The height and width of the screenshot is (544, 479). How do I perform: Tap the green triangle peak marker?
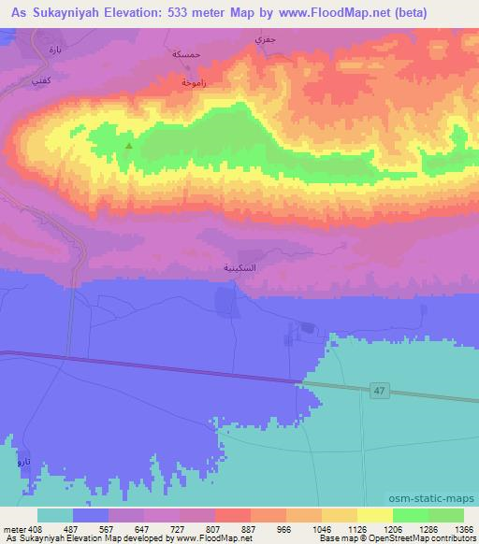pos(128,147)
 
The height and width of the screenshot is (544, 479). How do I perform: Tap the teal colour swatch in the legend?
pos(55,515)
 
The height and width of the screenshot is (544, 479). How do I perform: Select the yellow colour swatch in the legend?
pos(374,515)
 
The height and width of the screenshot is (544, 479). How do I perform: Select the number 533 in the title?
pos(175,11)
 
